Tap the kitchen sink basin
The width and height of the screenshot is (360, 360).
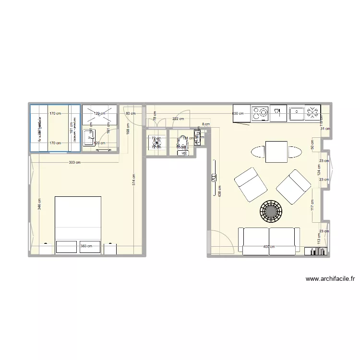296,114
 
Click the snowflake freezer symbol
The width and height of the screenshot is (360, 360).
312,113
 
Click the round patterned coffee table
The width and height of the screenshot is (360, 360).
271,210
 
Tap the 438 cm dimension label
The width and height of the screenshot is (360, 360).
219,192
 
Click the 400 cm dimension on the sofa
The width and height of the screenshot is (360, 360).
269,247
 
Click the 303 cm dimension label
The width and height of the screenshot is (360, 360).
74,163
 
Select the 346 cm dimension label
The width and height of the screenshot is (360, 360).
39,204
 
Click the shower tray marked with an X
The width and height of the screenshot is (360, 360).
100,115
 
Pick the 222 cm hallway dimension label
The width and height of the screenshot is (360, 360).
179,119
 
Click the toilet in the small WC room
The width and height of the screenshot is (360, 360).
183,144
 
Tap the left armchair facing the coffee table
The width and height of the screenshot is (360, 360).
250,184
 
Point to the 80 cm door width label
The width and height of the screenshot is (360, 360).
130,113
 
